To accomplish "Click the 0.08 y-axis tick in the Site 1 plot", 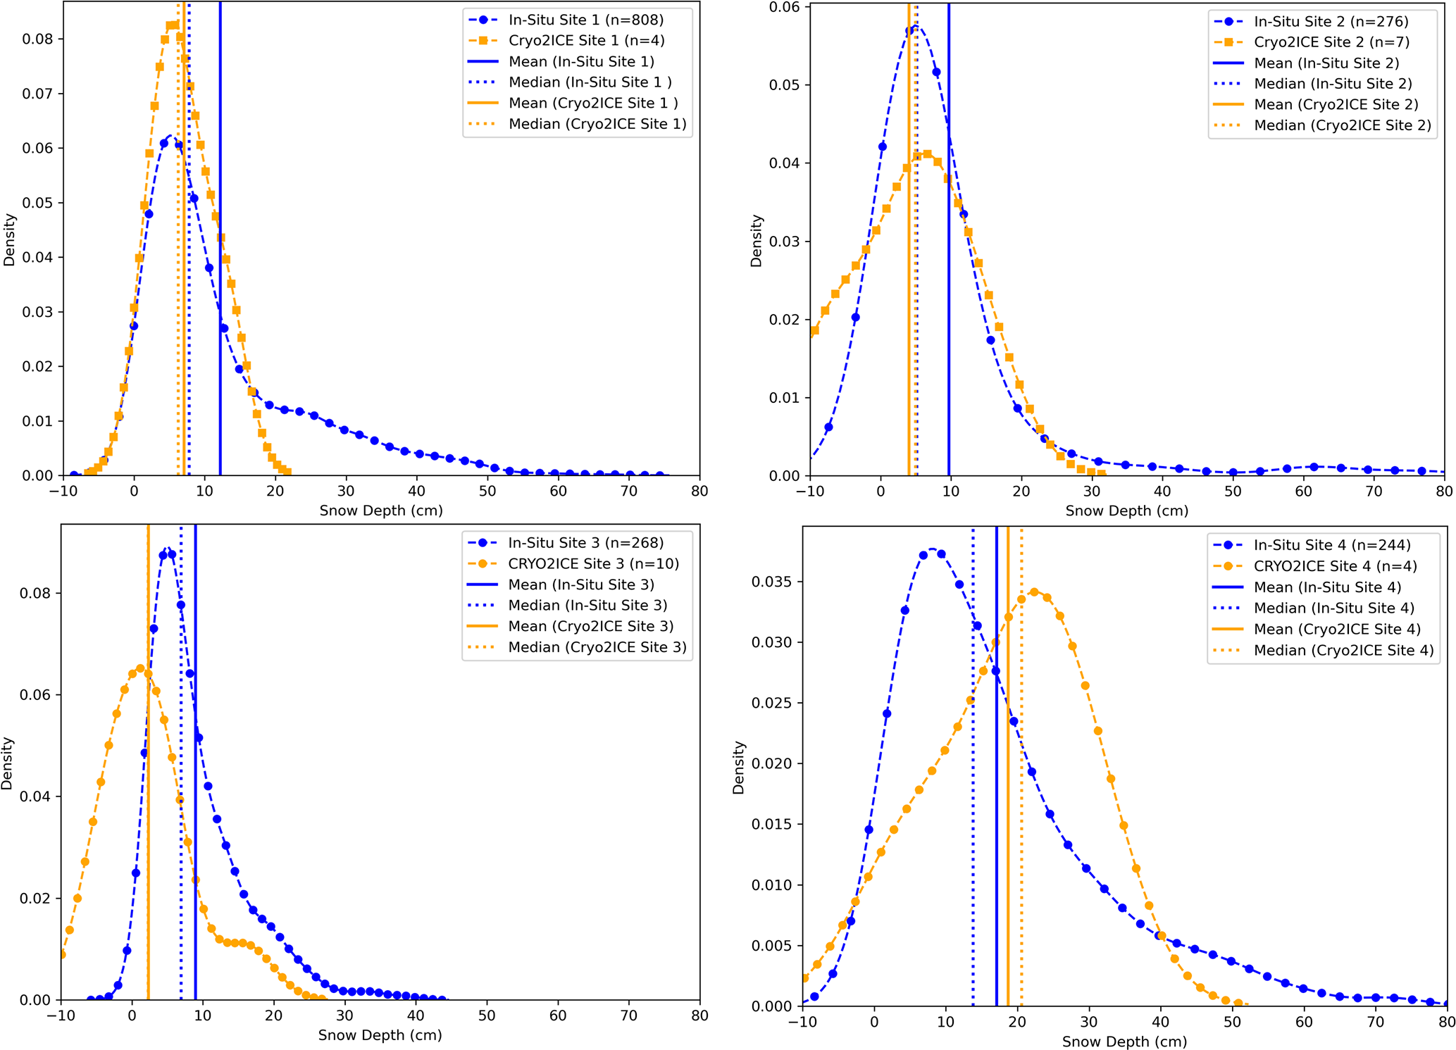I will pos(37,39).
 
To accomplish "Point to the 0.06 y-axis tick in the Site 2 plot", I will pos(785,8).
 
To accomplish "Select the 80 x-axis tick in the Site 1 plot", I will pos(699,491).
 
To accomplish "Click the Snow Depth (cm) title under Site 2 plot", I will pos(1126,511).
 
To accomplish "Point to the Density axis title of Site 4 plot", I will pos(738,768).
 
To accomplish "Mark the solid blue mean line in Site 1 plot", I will pos(220,282).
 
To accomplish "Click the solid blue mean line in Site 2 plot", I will pos(949,282).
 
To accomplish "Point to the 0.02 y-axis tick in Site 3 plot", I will pos(35,899).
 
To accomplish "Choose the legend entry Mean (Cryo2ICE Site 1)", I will pos(593,104).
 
